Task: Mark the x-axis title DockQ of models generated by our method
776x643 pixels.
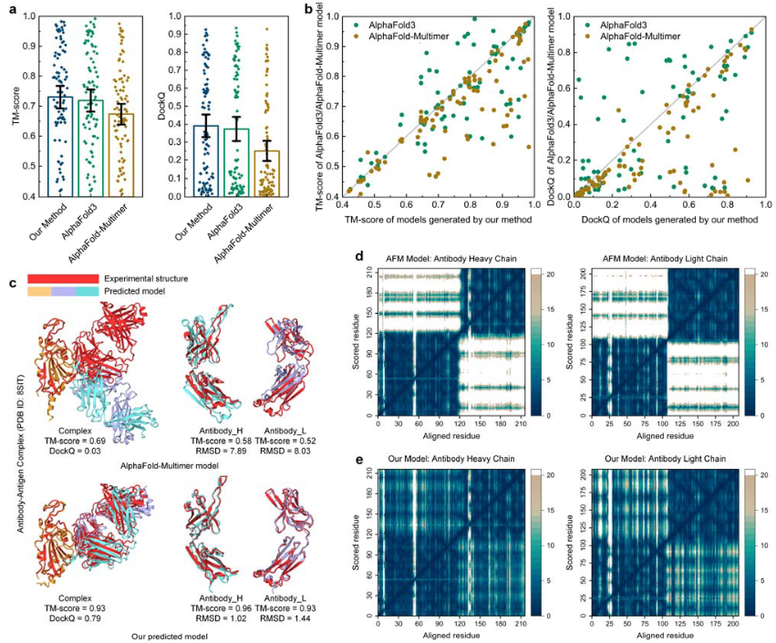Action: pyautogui.click(x=667, y=220)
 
